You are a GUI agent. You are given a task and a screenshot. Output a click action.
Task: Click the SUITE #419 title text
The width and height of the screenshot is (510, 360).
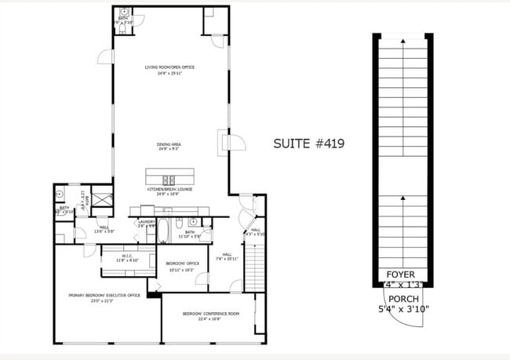[308, 144]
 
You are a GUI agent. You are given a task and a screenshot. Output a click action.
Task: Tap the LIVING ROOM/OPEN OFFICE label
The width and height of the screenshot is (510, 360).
[169, 67]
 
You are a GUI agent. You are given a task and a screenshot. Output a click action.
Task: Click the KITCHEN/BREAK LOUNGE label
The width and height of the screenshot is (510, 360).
[169, 189]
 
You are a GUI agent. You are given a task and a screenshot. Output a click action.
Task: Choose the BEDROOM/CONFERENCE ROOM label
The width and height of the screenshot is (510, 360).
[211, 314]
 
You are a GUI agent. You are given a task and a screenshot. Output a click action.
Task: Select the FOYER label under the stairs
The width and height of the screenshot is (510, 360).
[401, 275]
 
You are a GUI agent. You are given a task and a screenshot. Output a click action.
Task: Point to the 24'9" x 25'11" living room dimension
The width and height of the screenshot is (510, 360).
[169, 73]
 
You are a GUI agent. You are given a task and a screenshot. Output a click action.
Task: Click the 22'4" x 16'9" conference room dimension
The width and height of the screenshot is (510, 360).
[211, 319]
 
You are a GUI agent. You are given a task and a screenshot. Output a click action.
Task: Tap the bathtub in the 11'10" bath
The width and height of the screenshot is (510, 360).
[165, 232]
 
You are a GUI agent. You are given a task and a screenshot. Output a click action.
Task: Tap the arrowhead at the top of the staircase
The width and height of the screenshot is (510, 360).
[402, 39]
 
